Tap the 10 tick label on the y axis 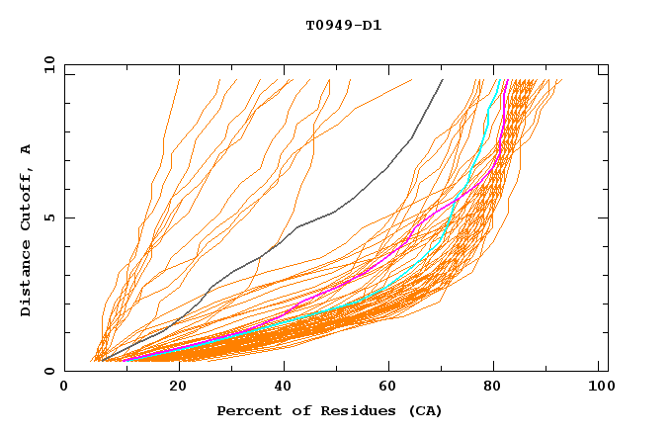click(46, 64)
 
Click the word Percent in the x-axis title click(245, 410)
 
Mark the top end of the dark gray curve click(443, 80)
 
